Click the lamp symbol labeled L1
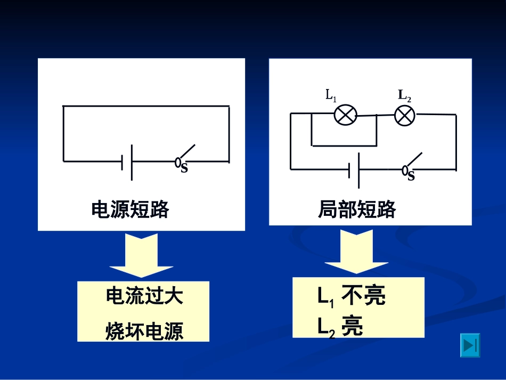click(345, 115)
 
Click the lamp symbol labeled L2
click(405, 115)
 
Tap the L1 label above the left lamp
click(331, 96)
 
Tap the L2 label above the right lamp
click(404, 96)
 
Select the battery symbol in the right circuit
click(354, 170)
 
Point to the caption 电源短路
click(130, 210)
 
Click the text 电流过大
click(144, 296)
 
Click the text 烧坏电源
click(144, 332)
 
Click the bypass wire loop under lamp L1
click(344, 145)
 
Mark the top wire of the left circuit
click(146, 106)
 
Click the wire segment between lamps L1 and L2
click(376, 115)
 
